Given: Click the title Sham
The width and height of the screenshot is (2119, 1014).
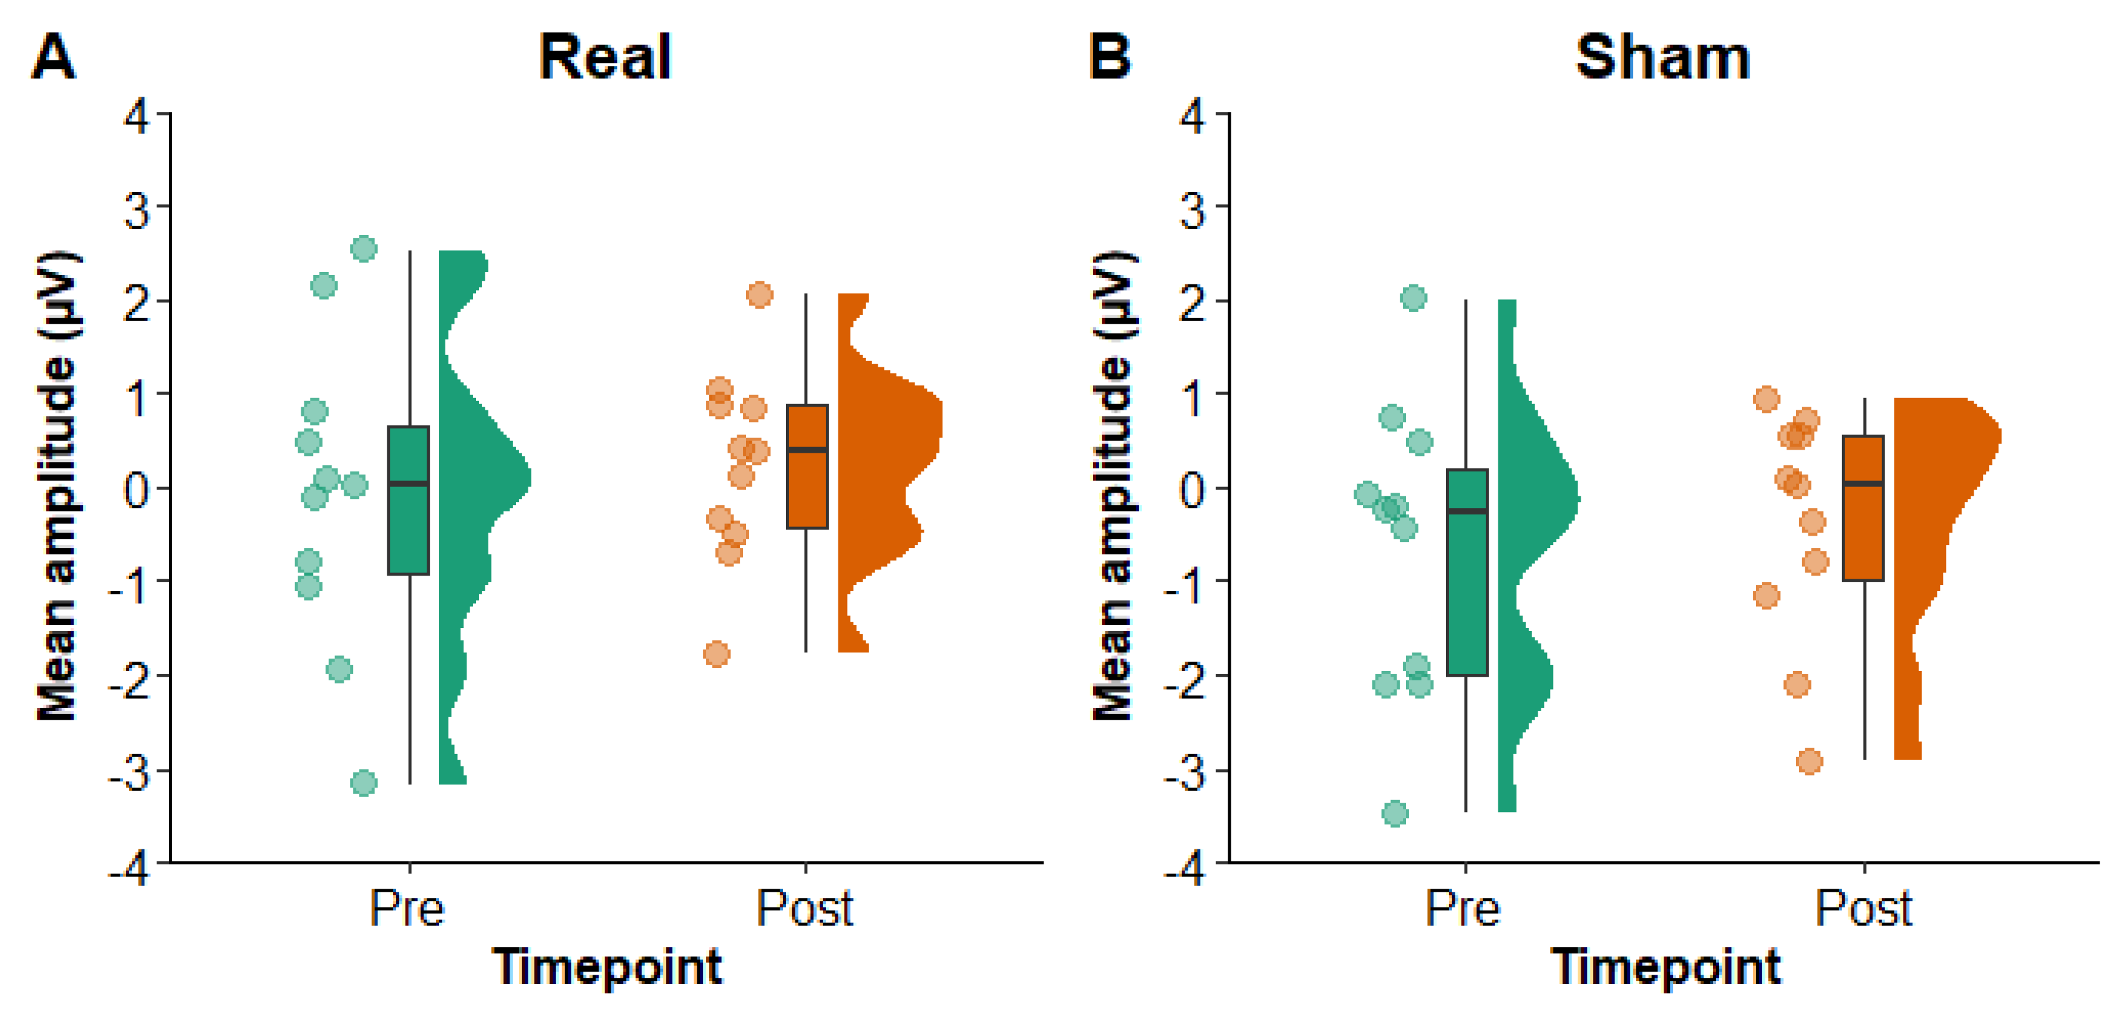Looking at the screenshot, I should point(1662,57).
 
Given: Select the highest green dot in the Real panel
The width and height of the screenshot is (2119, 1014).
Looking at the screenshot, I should point(364,248).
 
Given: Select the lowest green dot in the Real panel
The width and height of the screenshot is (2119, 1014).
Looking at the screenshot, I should point(364,782).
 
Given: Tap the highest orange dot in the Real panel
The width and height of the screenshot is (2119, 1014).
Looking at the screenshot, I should point(759,294).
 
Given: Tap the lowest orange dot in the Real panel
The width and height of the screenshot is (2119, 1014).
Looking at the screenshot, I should point(717,654).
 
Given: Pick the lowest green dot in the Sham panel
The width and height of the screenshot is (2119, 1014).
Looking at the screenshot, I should point(1394,813).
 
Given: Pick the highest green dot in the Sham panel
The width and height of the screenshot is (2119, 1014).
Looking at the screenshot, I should point(1413,297).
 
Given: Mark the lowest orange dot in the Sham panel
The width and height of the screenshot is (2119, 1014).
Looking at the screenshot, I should point(1809,761).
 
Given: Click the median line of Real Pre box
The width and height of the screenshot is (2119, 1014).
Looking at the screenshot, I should point(409,483).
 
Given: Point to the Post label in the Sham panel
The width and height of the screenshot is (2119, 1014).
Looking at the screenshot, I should point(1863,909).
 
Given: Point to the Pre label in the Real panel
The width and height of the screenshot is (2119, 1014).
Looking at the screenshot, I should point(407,909).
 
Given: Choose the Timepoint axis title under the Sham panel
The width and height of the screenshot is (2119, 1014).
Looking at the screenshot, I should point(1666,967).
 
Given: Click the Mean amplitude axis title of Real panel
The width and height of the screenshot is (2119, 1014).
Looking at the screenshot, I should point(57,485).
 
